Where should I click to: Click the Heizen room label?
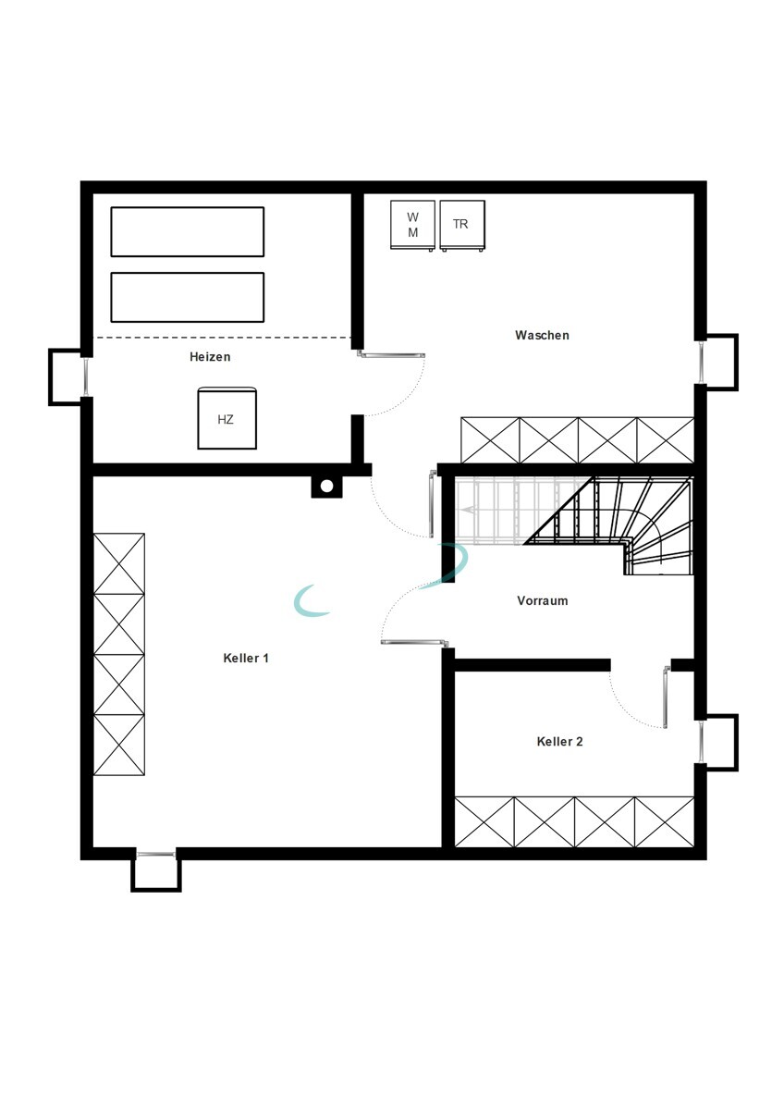pyautogui.click(x=210, y=357)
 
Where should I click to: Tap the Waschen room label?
pyautogui.click(x=542, y=335)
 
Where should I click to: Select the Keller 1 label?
pyautogui.click(x=246, y=658)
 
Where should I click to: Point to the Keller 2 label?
pyautogui.click(x=559, y=741)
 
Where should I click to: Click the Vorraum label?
pyautogui.click(x=543, y=600)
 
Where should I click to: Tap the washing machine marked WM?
pyautogui.click(x=412, y=225)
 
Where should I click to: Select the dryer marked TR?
pyautogui.click(x=462, y=225)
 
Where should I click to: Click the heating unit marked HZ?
pyautogui.click(x=227, y=419)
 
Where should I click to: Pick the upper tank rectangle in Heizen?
pyautogui.click(x=187, y=232)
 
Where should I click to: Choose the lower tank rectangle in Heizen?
pyautogui.click(x=187, y=297)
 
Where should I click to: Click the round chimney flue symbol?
pyautogui.click(x=326, y=487)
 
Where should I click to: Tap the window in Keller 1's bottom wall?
pyautogui.click(x=155, y=854)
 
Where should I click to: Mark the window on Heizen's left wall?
pyautogui.click(x=87, y=376)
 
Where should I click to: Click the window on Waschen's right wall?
pyautogui.click(x=700, y=363)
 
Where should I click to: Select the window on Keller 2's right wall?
pyautogui.click(x=700, y=742)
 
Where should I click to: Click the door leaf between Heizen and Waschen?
pyautogui.click(x=391, y=354)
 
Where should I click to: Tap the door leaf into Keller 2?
pyautogui.click(x=667, y=697)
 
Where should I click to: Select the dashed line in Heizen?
pyautogui.click(x=222, y=338)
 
